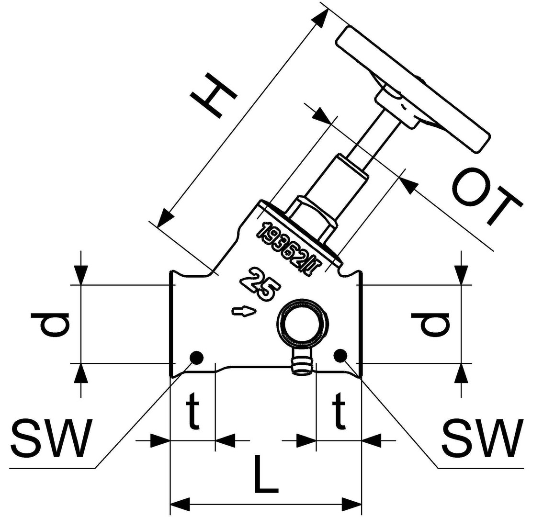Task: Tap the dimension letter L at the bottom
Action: pos(264,476)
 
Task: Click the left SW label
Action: pos(51,438)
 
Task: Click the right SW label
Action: pos(482,438)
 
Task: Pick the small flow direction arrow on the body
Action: pos(244,312)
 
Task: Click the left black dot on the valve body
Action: pos(196,357)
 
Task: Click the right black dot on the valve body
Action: pos(340,355)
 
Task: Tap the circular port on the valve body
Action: pos(304,323)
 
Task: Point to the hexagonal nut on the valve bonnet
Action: pos(312,218)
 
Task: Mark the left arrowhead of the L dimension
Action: pos(180,505)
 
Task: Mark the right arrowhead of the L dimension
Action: pos(352,505)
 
